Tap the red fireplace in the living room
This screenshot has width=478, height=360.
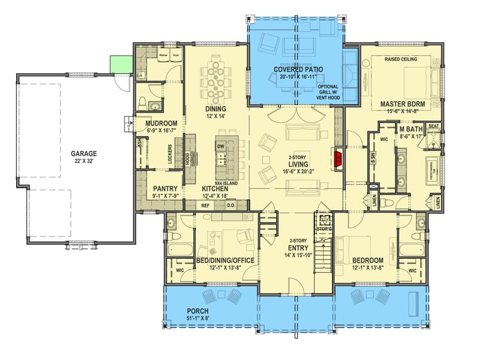338,158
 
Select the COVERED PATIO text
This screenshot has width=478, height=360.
298,69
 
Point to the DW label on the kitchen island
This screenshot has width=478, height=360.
220,146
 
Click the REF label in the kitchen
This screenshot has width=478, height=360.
205,205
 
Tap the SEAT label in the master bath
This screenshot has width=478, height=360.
434,126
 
